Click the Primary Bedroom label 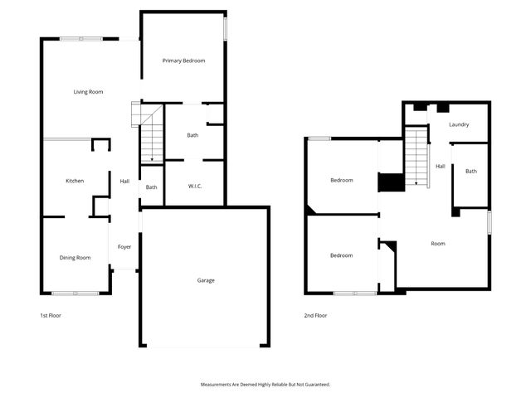pos(183,61)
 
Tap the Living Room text pos(88,91)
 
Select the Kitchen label pos(75,181)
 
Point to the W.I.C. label pos(194,186)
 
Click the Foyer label pos(124,246)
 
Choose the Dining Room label pos(75,258)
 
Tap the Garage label pos(206,280)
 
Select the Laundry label pos(459,124)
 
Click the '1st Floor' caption pos(51,315)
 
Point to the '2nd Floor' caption pos(315,315)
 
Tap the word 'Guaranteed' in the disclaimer pos(314,385)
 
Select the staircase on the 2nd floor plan pos(417,158)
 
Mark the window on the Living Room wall pos(80,38)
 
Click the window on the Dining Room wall pos(76,293)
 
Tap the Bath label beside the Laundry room pos(471,172)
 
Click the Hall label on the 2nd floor pos(441,166)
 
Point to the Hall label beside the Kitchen pos(124,181)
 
